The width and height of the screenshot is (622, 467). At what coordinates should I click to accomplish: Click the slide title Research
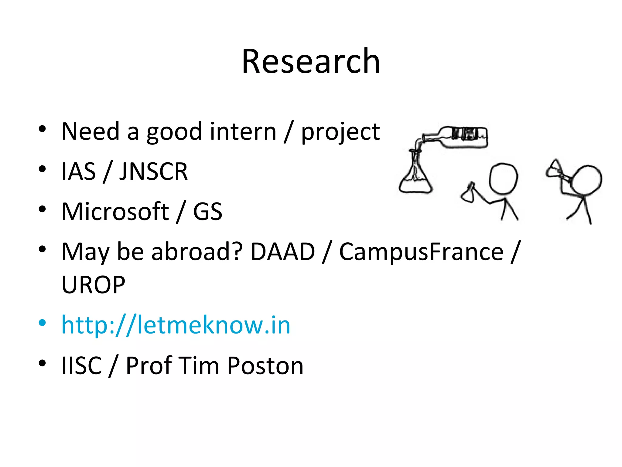tap(311, 61)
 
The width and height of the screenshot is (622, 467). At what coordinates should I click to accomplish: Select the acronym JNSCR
tap(153, 171)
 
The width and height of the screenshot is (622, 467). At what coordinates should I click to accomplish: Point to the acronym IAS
tap(78, 171)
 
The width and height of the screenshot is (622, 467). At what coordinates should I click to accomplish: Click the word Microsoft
tap(115, 212)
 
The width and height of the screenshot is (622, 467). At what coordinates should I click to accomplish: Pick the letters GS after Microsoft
tap(208, 212)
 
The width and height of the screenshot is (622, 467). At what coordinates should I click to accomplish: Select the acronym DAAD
tap(282, 252)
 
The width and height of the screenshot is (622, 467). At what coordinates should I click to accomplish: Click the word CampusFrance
tap(421, 252)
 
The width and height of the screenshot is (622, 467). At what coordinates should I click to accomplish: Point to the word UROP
tap(93, 285)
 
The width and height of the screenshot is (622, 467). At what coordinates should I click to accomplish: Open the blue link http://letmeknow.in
tap(176, 325)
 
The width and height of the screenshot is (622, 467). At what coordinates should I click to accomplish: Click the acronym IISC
tap(81, 365)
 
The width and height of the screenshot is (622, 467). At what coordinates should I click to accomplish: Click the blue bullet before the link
tap(42, 323)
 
